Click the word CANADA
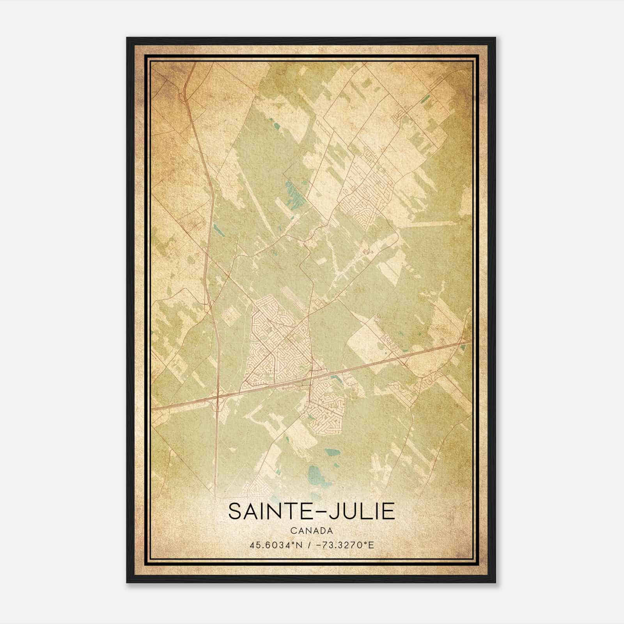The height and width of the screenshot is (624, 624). tap(312, 531)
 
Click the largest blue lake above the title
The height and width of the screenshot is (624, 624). tap(316, 478)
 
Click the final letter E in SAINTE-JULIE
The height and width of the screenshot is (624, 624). tap(388, 511)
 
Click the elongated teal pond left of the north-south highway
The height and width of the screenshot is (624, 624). tap(217, 231)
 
